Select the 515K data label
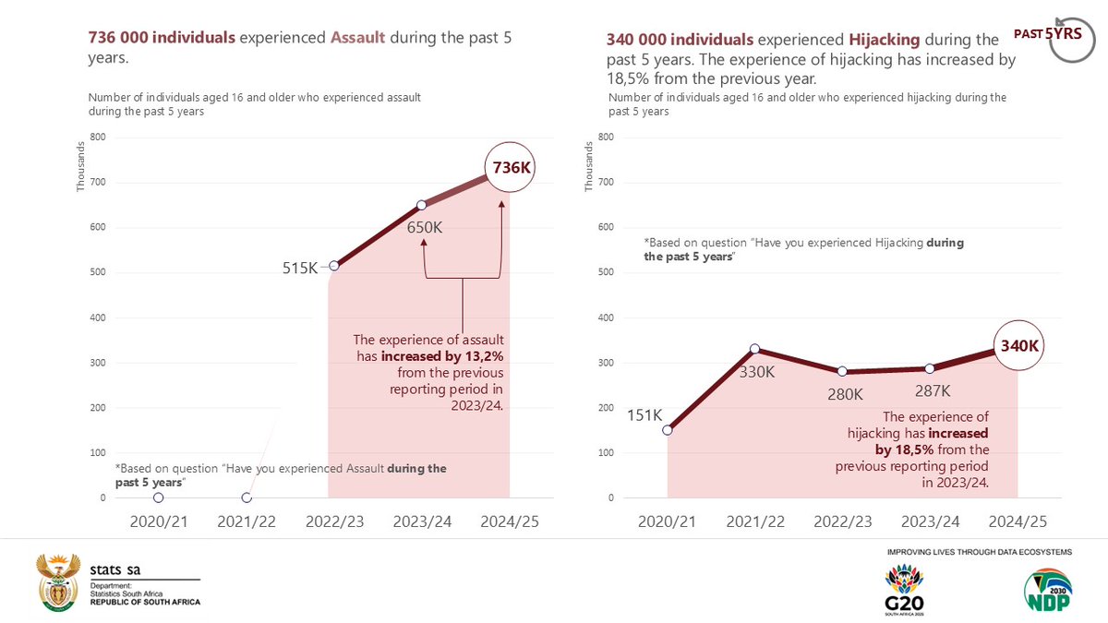[x=300, y=268]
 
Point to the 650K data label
[x=426, y=226]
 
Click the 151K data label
[x=644, y=415]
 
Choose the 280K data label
[x=845, y=394]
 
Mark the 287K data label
[x=931, y=390]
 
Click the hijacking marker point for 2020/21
[x=668, y=430]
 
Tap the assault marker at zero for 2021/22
[x=247, y=498]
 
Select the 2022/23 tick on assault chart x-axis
[x=334, y=521]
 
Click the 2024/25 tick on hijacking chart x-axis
[x=1018, y=521]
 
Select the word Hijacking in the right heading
[x=884, y=40]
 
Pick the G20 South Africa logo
[x=904, y=591]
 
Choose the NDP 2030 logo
[x=1048, y=591]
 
